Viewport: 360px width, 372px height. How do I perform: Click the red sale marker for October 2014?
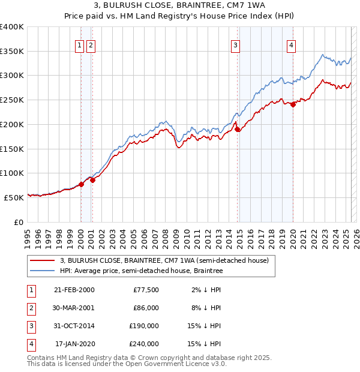[238, 129]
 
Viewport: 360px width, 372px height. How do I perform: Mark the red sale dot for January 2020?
[293, 104]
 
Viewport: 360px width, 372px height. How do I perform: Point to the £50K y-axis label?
[14, 197]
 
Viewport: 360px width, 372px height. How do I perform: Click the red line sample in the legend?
[42, 260]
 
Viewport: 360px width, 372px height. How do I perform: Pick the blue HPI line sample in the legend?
[42, 271]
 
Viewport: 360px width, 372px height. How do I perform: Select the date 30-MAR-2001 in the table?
[74, 308]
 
